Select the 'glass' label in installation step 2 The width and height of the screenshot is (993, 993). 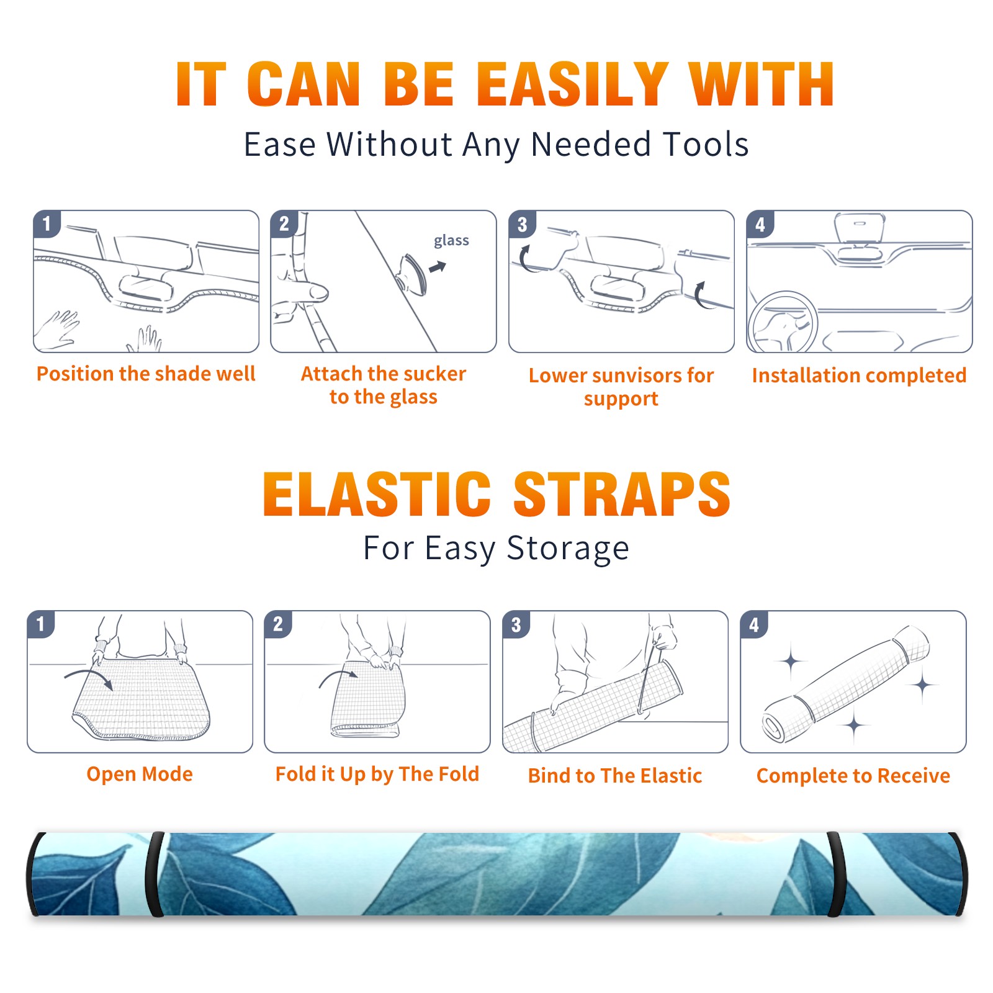click(x=451, y=240)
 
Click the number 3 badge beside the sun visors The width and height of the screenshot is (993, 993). click(x=522, y=224)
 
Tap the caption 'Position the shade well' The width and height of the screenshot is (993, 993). click(x=146, y=374)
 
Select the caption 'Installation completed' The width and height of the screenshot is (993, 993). click(x=859, y=375)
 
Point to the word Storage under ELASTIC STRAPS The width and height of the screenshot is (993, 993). click(x=568, y=549)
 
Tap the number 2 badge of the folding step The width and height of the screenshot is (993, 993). click(x=277, y=624)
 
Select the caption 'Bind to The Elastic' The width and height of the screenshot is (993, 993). click(x=614, y=775)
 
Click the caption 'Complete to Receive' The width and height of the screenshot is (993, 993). click(x=853, y=775)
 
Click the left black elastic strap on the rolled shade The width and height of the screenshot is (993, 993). click(x=155, y=874)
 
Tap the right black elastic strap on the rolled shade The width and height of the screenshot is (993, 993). click(x=835, y=874)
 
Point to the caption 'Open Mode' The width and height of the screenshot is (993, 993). click(x=140, y=774)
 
